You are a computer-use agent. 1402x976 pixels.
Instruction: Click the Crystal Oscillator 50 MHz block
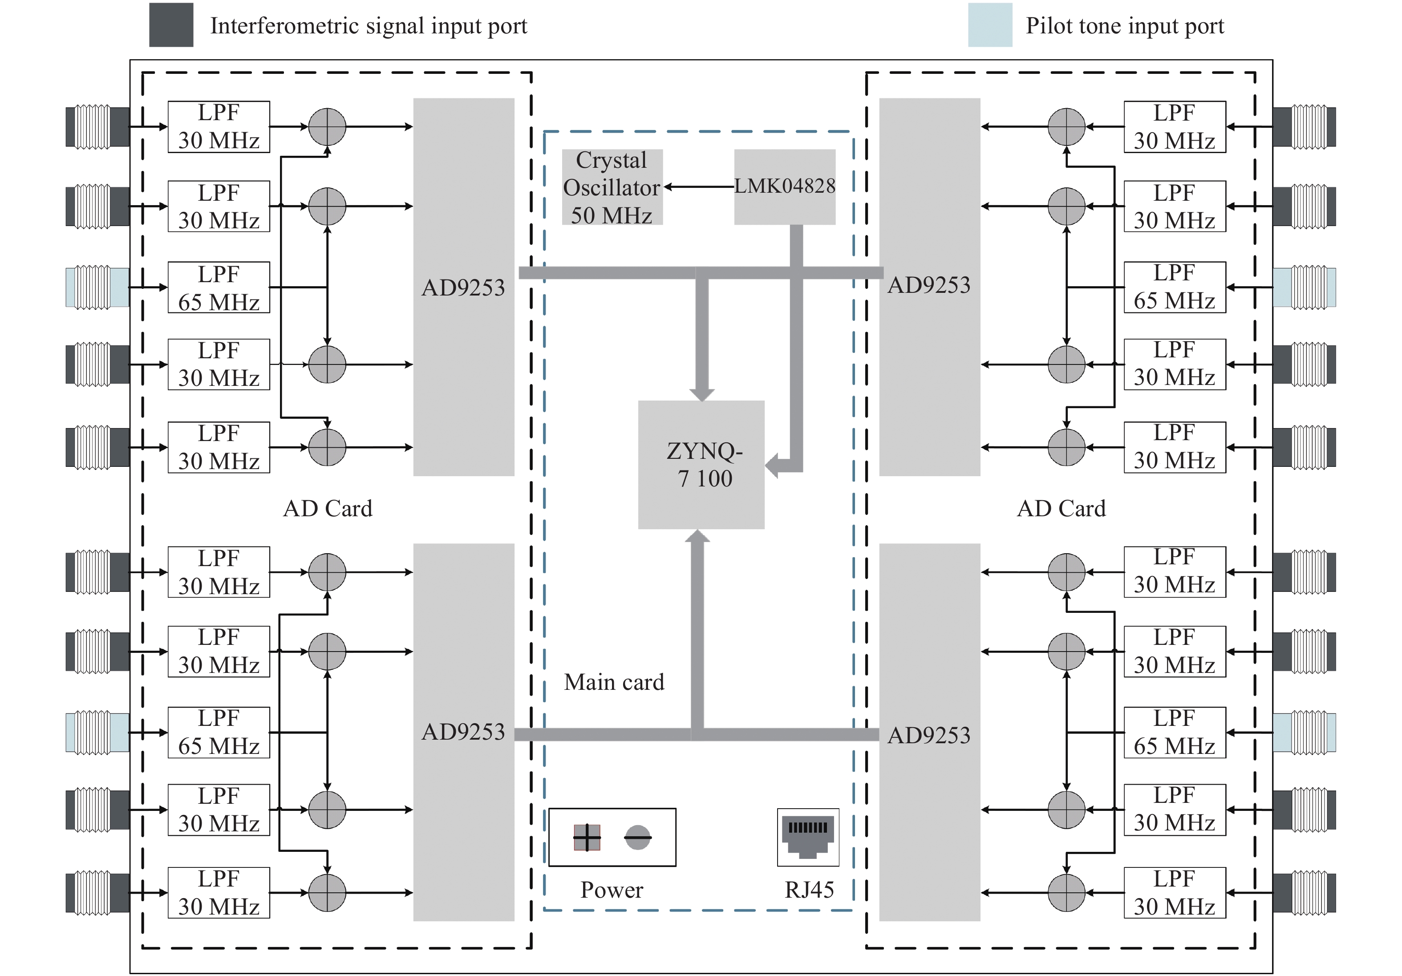pyautogui.click(x=612, y=187)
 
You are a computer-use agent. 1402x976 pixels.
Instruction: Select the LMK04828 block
pyautogui.click(x=784, y=186)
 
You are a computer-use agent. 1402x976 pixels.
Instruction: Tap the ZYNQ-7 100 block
pyautogui.click(x=701, y=464)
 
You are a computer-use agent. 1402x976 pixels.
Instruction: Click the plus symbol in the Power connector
pyautogui.click(x=587, y=837)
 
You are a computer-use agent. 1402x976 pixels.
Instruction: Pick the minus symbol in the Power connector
pyautogui.click(x=637, y=837)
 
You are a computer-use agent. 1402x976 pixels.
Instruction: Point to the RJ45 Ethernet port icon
pyautogui.click(x=808, y=837)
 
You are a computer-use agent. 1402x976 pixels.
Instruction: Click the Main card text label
pyautogui.click(x=614, y=682)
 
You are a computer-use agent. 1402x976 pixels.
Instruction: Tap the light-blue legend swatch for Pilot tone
pyautogui.click(x=990, y=25)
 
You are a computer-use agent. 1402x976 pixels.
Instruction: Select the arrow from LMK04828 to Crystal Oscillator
pyautogui.click(x=699, y=187)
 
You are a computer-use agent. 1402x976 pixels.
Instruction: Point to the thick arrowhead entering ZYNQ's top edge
pyautogui.click(x=702, y=393)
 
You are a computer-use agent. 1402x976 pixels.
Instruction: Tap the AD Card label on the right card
pyautogui.click(x=1061, y=508)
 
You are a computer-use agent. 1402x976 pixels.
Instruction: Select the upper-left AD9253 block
pyautogui.click(x=463, y=287)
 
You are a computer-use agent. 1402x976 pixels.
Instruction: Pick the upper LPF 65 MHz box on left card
pyautogui.click(x=219, y=288)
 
